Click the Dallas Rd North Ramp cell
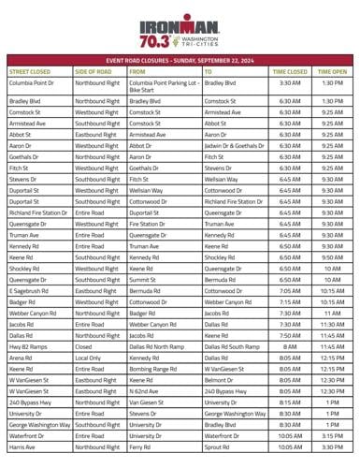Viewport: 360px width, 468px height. coord(159,346)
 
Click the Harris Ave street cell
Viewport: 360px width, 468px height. coord(23,447)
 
